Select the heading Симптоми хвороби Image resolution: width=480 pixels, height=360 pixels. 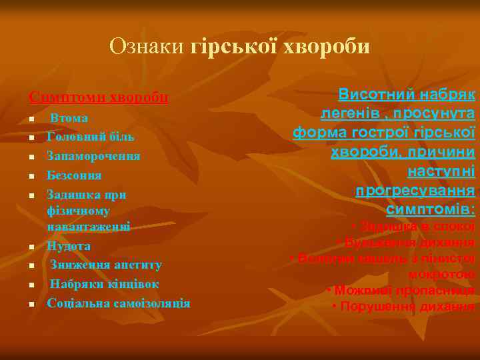coord(98,97)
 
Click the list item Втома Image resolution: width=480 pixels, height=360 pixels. coord(69,118)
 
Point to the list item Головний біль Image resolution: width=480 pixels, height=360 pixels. coord(91,137)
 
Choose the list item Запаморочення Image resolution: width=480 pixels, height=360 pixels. coord(93,156)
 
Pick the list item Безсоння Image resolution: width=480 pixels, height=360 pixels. coord(74,175)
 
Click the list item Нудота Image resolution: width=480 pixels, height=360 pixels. coord(69,245)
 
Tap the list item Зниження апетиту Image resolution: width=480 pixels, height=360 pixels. coord(106,265)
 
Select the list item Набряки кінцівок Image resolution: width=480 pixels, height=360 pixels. coord(105,284)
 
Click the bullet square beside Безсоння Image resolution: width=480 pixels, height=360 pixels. coord(31,177)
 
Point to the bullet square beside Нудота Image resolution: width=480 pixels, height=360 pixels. coord(31,247)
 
